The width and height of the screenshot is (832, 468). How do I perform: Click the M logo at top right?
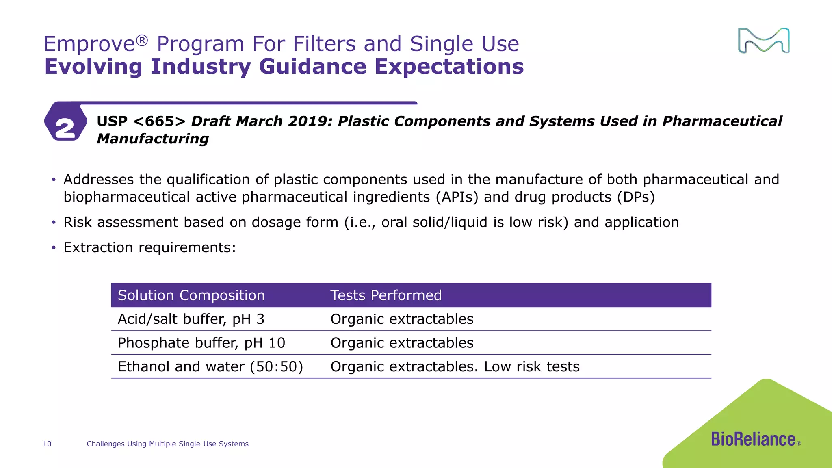[x=763, y=41]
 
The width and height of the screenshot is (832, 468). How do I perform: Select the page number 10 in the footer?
[x=47, y=444]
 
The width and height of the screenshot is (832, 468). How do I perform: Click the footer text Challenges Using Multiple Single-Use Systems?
[x=167, y=444]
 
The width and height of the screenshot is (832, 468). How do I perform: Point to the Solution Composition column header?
[x=191, y=295]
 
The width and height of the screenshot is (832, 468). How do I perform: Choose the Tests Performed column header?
[x=386, y=295]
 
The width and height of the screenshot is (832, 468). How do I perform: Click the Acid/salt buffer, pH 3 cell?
[x=191, y=319]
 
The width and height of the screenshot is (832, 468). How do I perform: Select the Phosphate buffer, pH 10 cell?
[x=201, y=343]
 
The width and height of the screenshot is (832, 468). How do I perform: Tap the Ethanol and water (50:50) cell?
[x=210, y=366]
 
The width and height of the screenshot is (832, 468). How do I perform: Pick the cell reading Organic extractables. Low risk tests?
[x=455, y=366]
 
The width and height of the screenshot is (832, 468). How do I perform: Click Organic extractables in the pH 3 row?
[x=402, y=319]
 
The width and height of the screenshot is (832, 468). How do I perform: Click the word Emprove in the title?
[x=89, y=44]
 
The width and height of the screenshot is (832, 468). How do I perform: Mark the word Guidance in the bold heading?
[x=312, y=66]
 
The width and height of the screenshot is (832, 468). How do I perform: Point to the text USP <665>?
[x=141, y=121]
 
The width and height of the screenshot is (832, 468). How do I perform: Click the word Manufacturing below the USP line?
[x=153, y=139]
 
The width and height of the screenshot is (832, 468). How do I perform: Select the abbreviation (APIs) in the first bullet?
[x=457, y=197]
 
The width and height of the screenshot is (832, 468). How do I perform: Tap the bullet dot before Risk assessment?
[x=54, y=223]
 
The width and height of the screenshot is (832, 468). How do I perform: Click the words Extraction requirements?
[x=149, y=247]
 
